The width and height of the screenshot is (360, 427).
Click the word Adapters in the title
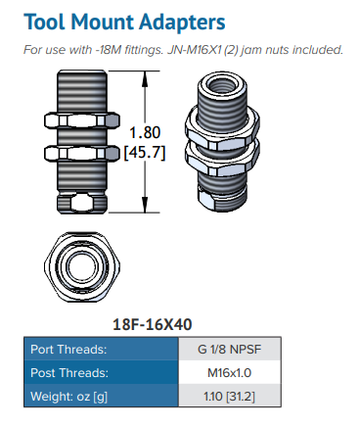tap(182, 23)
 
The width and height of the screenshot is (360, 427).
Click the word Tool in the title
tap(45, 22)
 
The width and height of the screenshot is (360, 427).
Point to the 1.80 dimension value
tap(145, 132)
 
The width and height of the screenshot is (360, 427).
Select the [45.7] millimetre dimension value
tap(145, 153)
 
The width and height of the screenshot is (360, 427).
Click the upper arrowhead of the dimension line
tap(145, 77)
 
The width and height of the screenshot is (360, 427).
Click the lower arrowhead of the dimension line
tap(145, 205)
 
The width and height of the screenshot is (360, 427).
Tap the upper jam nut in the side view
tap(82, 120)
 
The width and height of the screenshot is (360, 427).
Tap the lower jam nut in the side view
tap(82, 153)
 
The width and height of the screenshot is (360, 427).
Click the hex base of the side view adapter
tap(82, 203)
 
